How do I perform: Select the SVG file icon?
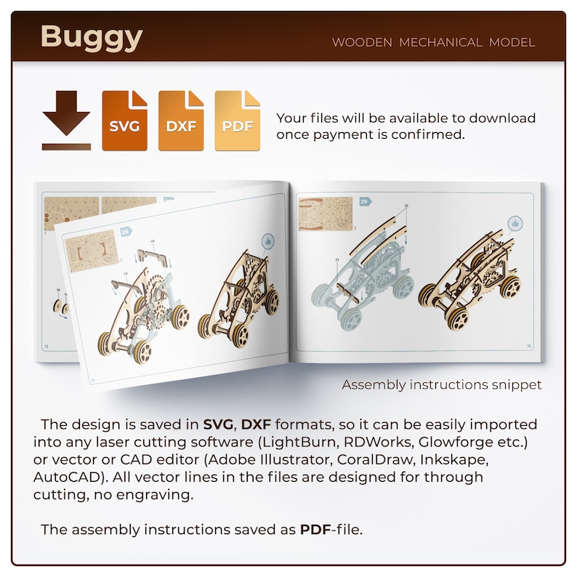coord(124,121)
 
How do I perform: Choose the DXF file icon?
coord(181,121)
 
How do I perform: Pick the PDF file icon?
coord(237,121)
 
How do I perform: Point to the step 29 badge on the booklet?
coord(366,201)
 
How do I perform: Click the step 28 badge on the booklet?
coord(126,232)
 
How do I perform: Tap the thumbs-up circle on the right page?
coord(516,222)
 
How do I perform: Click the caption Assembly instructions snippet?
coord(442,384)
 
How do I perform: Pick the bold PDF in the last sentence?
coord(315,529)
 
